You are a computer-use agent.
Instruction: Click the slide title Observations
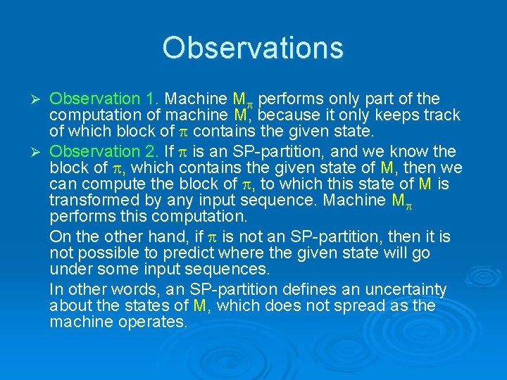[x=253, y=48]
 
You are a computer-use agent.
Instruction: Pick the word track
[x=441, y=115]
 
